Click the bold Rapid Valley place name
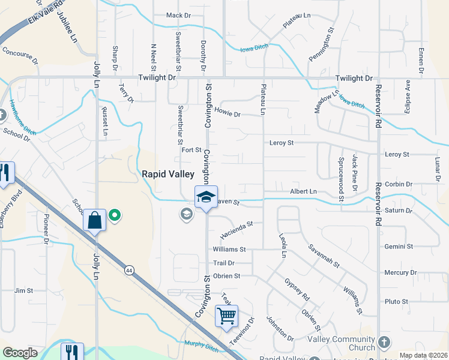click(x=168, y=174)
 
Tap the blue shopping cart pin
click(x=226, y=316)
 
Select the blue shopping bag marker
click(x=95, y=220)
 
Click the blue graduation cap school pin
click(x=205, y=197)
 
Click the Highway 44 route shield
click(x=130, y=271)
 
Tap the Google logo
click(x=20, y=353)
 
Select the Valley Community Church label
click(x=349, y=343)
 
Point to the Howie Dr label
click(x=228, y=114)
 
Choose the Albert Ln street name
click(x=304, y=191)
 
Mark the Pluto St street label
click(x=396, y=301)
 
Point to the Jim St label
click(x=23, y=290)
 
